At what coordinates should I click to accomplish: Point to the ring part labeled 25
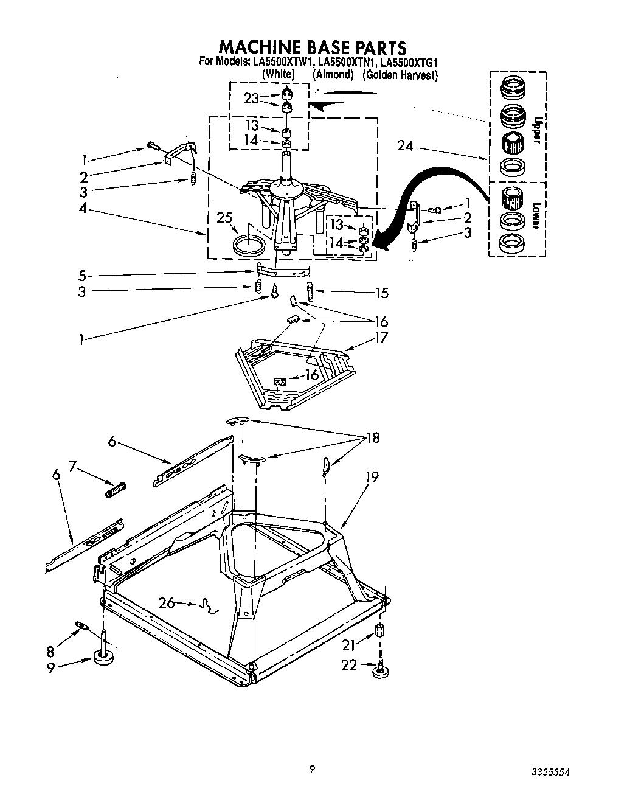coord(250,245)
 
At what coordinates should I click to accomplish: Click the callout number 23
coord(252,98)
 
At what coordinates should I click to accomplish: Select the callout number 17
coord(381,337)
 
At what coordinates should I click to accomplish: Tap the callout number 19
coord(372,477)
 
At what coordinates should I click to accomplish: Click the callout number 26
coord(167,603)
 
